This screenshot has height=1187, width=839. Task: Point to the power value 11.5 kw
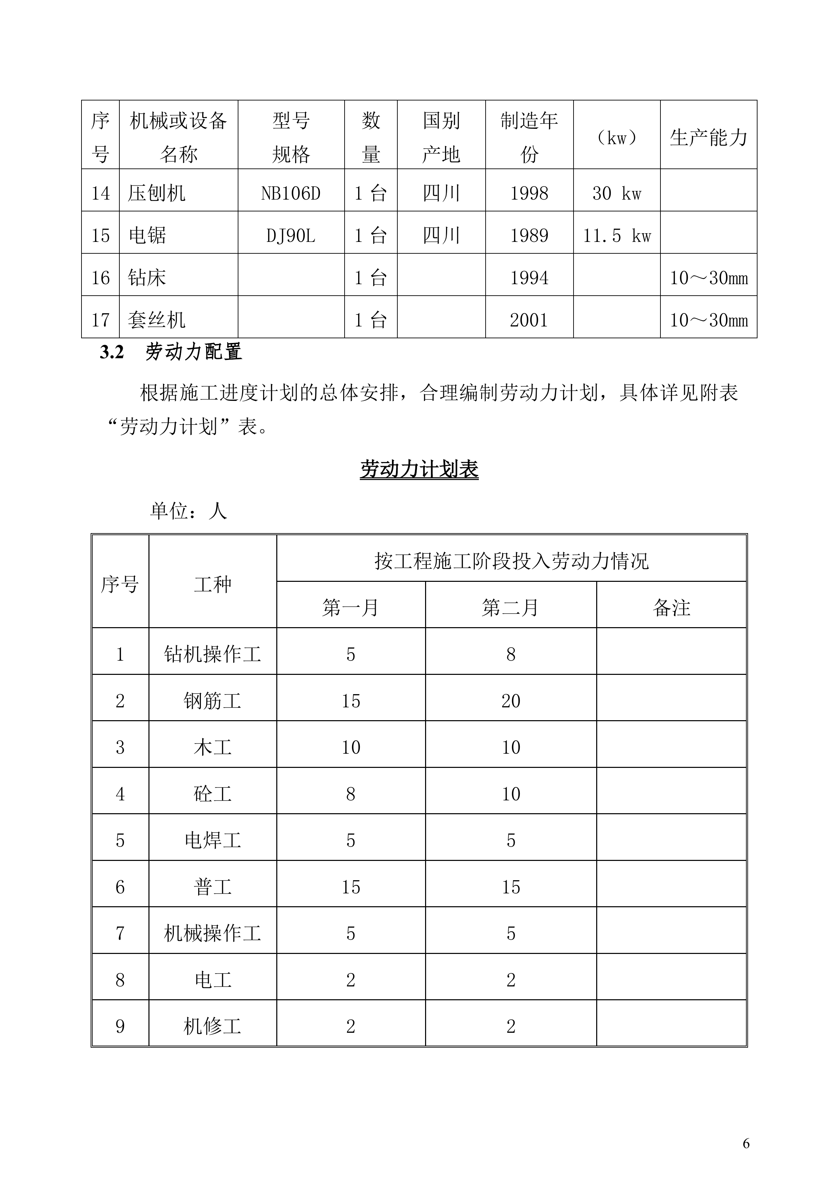click(x=617, y=236)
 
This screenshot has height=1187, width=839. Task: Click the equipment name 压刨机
click(x=156, y=193)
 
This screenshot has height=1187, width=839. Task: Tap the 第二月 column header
click(x=510, y=608)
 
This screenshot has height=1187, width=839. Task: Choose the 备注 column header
click(x=671, y=608)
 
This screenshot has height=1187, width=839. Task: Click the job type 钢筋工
click(x=212, y=701)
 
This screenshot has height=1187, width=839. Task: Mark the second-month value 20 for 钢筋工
click(x=510, y=701)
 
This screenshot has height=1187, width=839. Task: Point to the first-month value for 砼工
click(x=350, y=794)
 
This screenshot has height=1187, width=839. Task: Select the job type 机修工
click(x=212, y=1026)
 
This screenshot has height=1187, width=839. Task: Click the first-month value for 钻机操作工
click(x=350, y=655)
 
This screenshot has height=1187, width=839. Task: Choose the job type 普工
click(x=212, y=887)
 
